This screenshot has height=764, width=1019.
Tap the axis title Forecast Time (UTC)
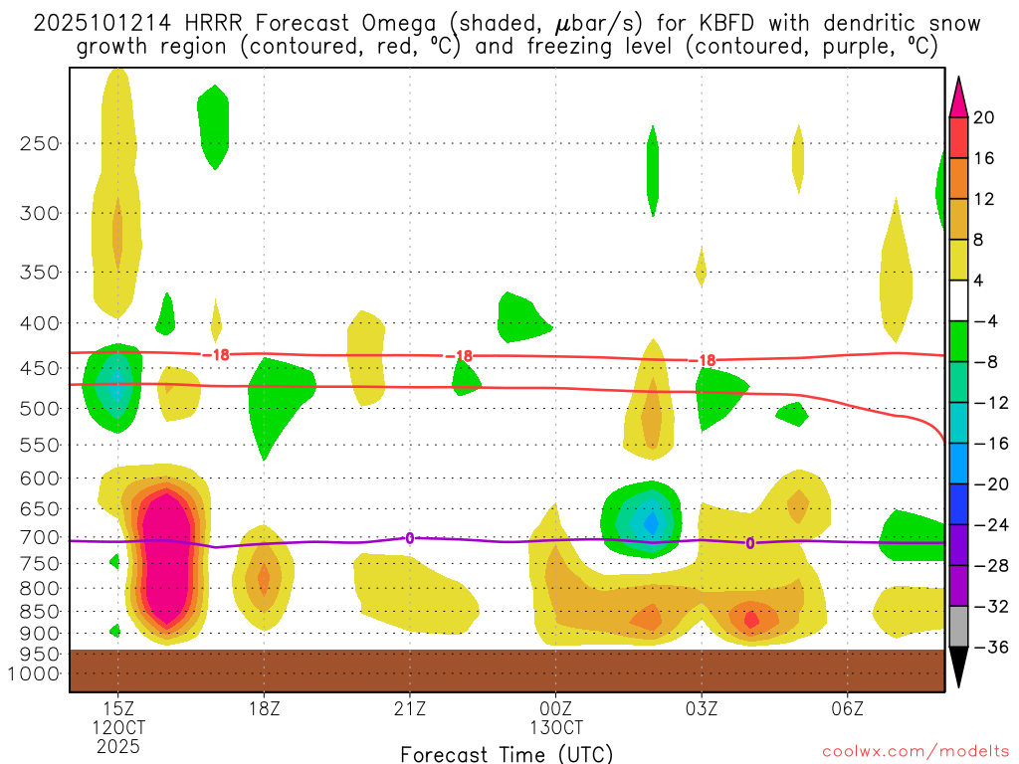tap(507, 753)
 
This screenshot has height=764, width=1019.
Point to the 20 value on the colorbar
tap(984, 117)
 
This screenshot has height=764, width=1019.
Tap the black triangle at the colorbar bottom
tap(958, 668)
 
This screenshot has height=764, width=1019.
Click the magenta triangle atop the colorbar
tap(958, 96)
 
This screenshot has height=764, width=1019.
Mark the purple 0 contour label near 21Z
tap(410, 538)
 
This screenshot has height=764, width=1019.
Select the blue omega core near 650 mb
tap(652, 520)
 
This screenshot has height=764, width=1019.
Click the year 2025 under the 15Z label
tap(118, 745)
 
